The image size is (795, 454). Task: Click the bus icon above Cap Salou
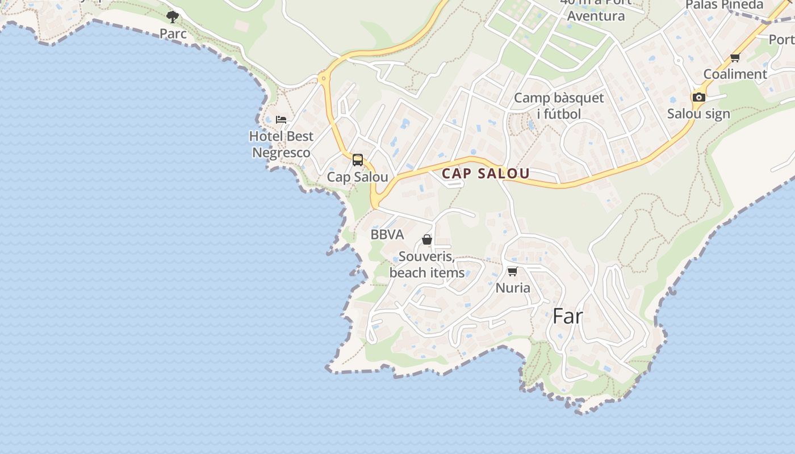(x=357, y=160)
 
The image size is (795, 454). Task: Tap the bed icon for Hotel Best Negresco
(x=281, y=120)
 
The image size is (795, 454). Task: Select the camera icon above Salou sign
(x=699, y=97)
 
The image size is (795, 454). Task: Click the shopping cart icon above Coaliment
(x=735, y=57)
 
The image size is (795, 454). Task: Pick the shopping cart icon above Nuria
(x=512, y=271)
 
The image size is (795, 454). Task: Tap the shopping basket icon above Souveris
(x=426, y=239)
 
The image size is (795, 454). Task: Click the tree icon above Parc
(x=173, y=16)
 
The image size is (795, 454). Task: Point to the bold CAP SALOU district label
(x=486, y=174)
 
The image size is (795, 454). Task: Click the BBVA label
(x=387, y=234)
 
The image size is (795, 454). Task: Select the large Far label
(x=568, y=316)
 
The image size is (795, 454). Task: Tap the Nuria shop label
(x=513, y=288)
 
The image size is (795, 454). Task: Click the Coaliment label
(x=735, y=74)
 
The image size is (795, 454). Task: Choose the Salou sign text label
(x=698, y=113)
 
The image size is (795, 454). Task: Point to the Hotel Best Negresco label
(x=281, y=144)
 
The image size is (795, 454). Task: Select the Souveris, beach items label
(x=427, y=264)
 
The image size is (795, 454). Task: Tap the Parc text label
(x=173, y=33)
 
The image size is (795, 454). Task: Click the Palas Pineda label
(x=725, y=5)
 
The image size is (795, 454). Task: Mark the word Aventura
(x=596, y=16)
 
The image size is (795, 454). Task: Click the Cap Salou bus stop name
(x=357, y=177)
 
